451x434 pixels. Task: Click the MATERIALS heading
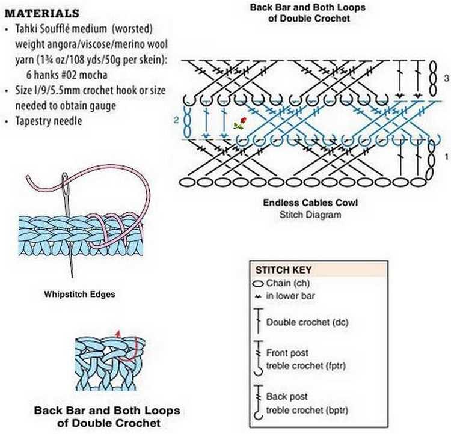[42, 13]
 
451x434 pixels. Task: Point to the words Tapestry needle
[49, 121]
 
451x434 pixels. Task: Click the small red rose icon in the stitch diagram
[240, 123]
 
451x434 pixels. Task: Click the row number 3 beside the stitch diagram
[446, 78]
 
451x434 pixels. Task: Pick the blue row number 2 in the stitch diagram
[176, 120]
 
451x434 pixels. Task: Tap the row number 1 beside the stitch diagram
[446, 157]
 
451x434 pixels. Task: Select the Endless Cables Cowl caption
[310, 203]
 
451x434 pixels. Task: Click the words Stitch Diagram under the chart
[310, 215]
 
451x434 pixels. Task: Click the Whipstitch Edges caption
[79, 294]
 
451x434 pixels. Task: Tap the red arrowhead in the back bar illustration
[118, 334]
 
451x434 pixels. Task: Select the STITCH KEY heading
[284, 270]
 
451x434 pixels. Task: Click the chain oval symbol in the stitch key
[258, 284]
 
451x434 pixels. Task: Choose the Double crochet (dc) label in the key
[307, 322]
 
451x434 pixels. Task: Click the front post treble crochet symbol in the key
[259, 358]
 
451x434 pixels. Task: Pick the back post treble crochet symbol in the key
[259, 402]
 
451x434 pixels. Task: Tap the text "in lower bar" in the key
[290, 296]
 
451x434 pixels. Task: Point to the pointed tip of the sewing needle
[72, 277]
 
